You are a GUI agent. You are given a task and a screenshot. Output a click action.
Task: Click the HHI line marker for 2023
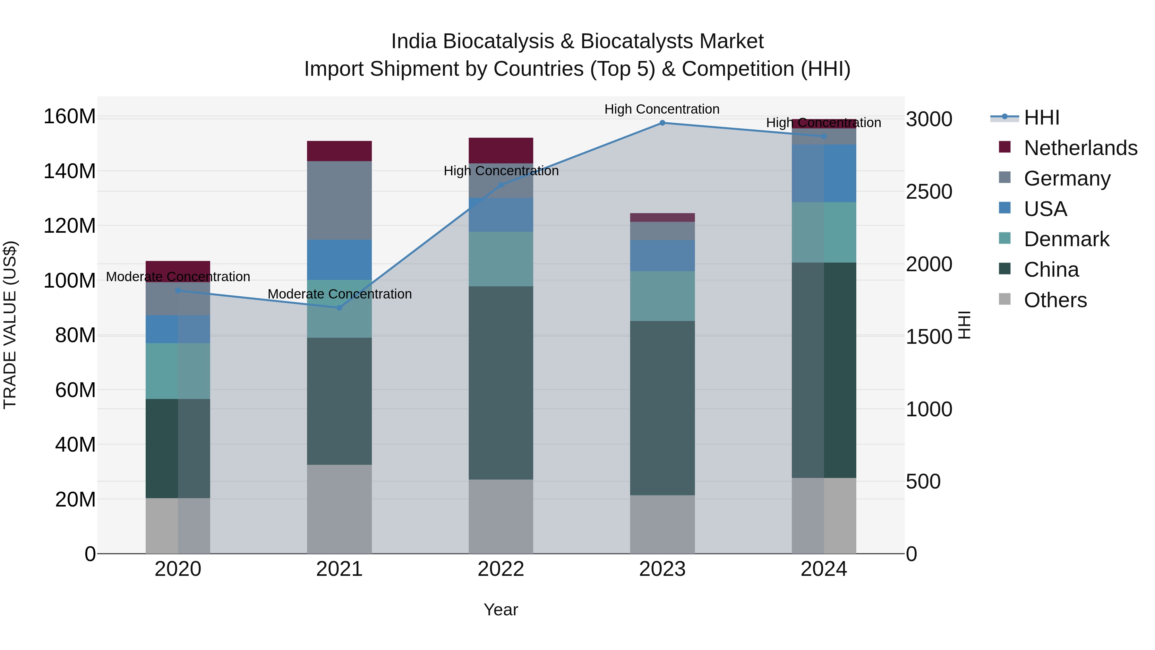coord(662,123)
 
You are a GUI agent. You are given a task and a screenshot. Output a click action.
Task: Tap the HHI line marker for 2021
coord(339,308)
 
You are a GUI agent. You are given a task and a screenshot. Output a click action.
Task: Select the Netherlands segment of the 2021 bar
coord(339,151)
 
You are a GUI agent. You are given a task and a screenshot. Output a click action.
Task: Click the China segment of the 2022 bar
coord(501,383)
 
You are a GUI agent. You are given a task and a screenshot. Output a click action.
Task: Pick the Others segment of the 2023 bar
coord(662,524)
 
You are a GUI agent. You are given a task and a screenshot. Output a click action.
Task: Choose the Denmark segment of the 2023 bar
coord(662,296)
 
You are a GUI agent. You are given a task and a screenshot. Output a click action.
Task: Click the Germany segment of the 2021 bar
coord(339,201)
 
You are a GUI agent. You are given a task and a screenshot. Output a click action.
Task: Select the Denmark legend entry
coord(1066,239)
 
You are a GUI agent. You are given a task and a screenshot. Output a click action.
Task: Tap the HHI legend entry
coord(1041,117)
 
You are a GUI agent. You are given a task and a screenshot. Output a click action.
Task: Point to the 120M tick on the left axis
coord(70,226)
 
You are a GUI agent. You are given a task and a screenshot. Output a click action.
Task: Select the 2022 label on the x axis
coord(501,569)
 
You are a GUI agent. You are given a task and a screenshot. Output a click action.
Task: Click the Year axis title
coord(501,610)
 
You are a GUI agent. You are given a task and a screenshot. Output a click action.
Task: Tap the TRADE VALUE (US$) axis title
coord(10,325)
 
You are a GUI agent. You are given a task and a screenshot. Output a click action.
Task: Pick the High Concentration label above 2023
coord(662,109)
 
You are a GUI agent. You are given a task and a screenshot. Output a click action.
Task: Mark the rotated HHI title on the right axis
coord(964,325)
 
